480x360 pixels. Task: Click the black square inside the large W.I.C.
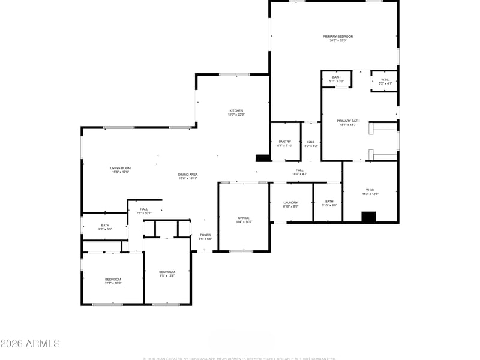click(369, 217)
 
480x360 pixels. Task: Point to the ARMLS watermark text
click(30, 344)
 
